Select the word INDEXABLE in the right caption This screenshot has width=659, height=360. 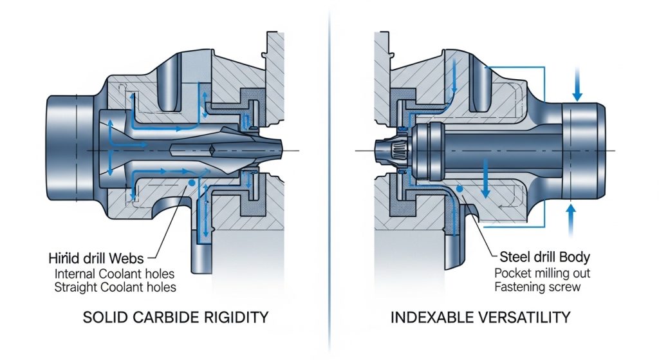[x=434, y=318]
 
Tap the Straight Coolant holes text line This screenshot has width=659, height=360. [x=114, y=287]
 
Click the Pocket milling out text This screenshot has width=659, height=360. [x=542, y=273]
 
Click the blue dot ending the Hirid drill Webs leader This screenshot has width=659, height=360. [x=191, y=184]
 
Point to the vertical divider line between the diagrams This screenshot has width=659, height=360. [x=329, y=180]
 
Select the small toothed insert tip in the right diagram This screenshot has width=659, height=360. [x=393, y=152]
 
